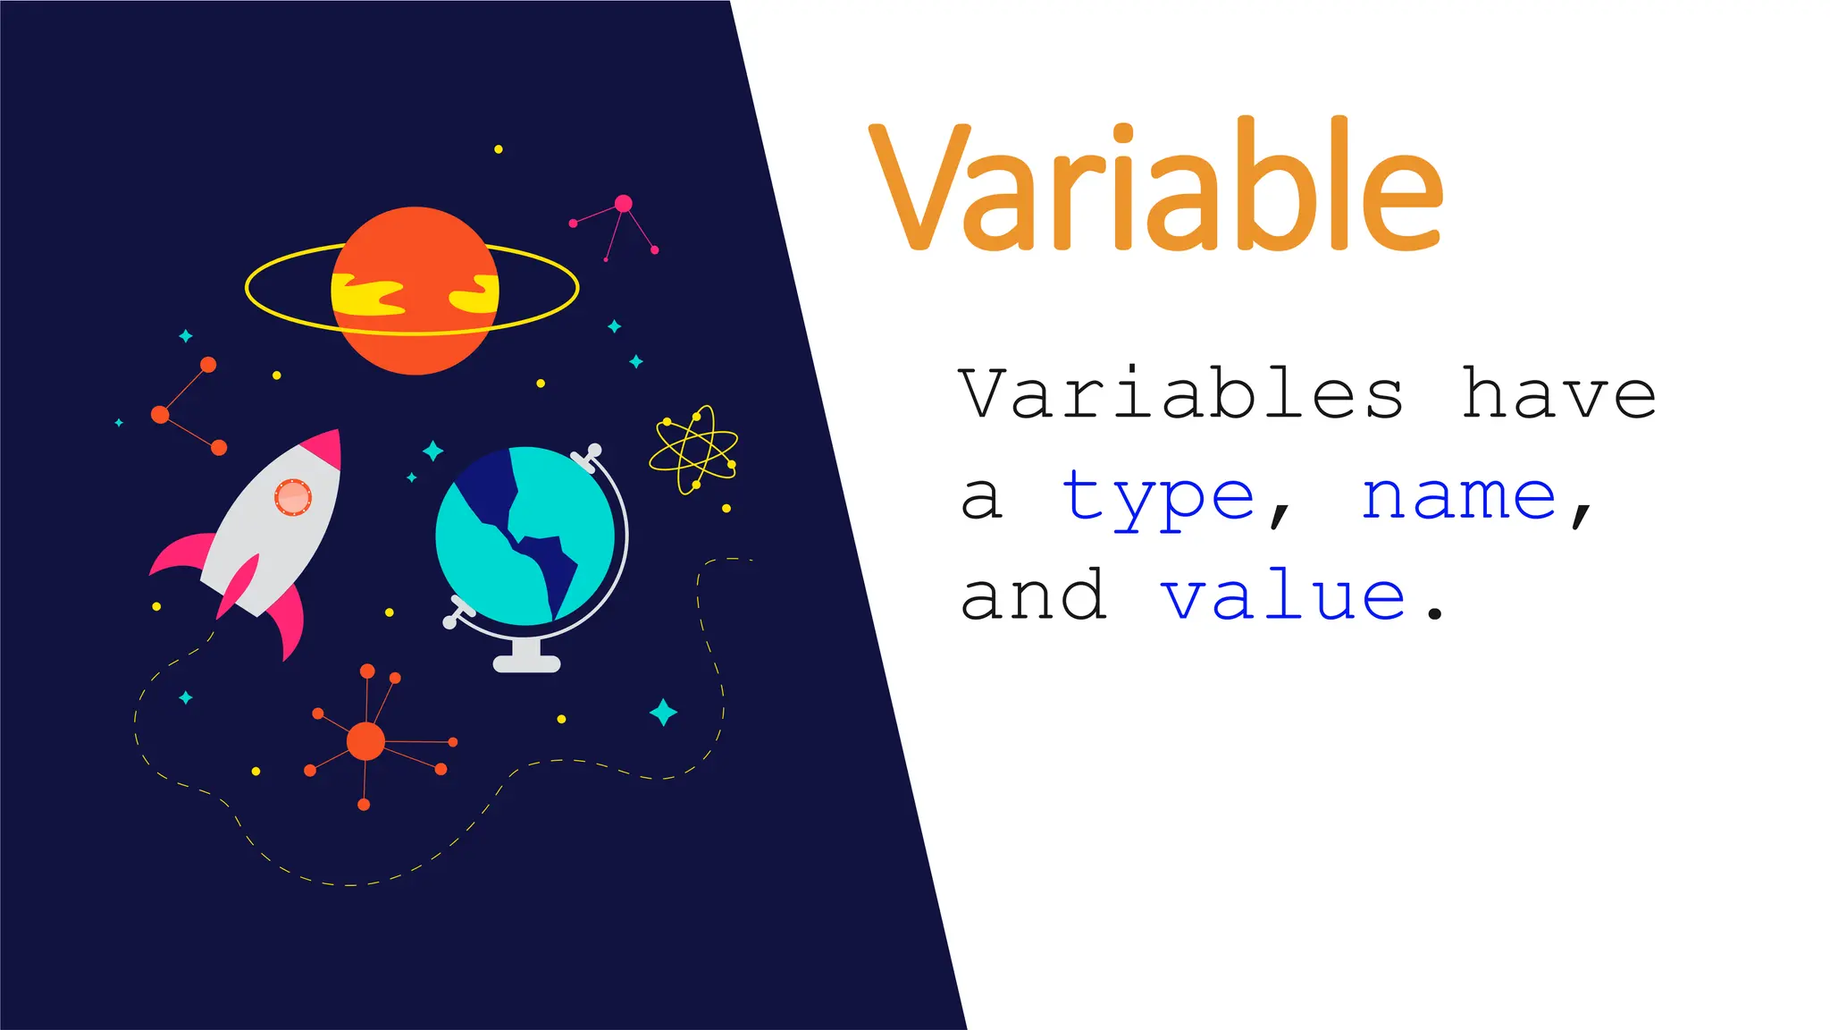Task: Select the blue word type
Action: coord(1158,497)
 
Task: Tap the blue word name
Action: coord(1458,497)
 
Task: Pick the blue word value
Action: coord(1283,596)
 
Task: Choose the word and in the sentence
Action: coord(1034,596)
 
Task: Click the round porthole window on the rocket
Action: coord(292,497)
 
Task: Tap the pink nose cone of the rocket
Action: coord(324,448)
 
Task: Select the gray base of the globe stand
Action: coord(527,664)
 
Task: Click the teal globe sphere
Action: coord(525,536)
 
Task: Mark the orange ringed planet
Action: coord(415,290)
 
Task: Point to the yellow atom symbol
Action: coord(694,450)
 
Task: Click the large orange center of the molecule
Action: coord(365,741)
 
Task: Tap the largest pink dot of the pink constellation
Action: coord(624,204)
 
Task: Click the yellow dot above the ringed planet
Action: coord(499,149)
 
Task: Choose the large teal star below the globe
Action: coord(663,713)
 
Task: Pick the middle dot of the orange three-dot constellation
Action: coord(161,415)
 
